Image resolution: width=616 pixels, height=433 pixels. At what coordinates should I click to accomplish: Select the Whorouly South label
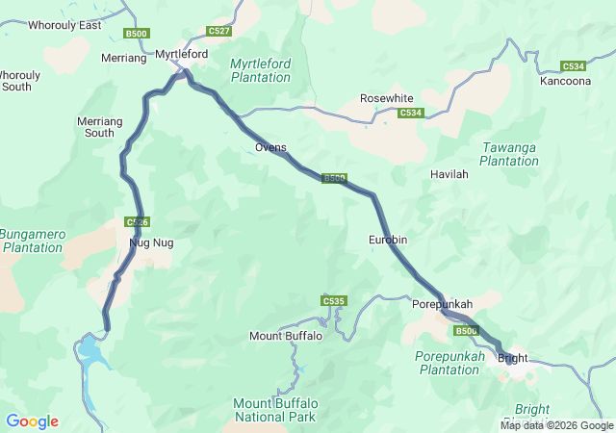tap(18, 81)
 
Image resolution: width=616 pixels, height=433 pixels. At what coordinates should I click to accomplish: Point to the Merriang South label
tap(99, 127)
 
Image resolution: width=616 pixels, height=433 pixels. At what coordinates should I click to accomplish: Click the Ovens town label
tap(270, 147)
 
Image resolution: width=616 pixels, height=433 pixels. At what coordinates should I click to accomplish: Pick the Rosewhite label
tap(386, 98)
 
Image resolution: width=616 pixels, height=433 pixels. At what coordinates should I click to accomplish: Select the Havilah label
tap(449, 174)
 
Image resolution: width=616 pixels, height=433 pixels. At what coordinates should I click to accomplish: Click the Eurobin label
tap(388, 239)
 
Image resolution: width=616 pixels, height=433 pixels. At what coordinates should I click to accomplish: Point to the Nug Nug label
tap(151, 242)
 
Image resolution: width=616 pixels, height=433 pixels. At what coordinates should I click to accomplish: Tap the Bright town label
tap(513, 359)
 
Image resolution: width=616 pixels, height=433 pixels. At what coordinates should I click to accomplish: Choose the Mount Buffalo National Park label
tap(275, 410)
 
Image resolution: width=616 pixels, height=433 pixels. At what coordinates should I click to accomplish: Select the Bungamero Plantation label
tap(32, 240)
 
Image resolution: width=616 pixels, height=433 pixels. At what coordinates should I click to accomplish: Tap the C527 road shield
tap(218, 31)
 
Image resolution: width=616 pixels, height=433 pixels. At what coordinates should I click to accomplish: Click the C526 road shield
tap(137, 222)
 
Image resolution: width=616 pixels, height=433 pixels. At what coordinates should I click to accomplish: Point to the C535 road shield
tap(333, 301)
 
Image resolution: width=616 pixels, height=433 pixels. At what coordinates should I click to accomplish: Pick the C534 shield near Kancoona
tap(574, 66)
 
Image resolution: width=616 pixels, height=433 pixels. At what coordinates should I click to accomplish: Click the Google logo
tap(32, 421)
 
